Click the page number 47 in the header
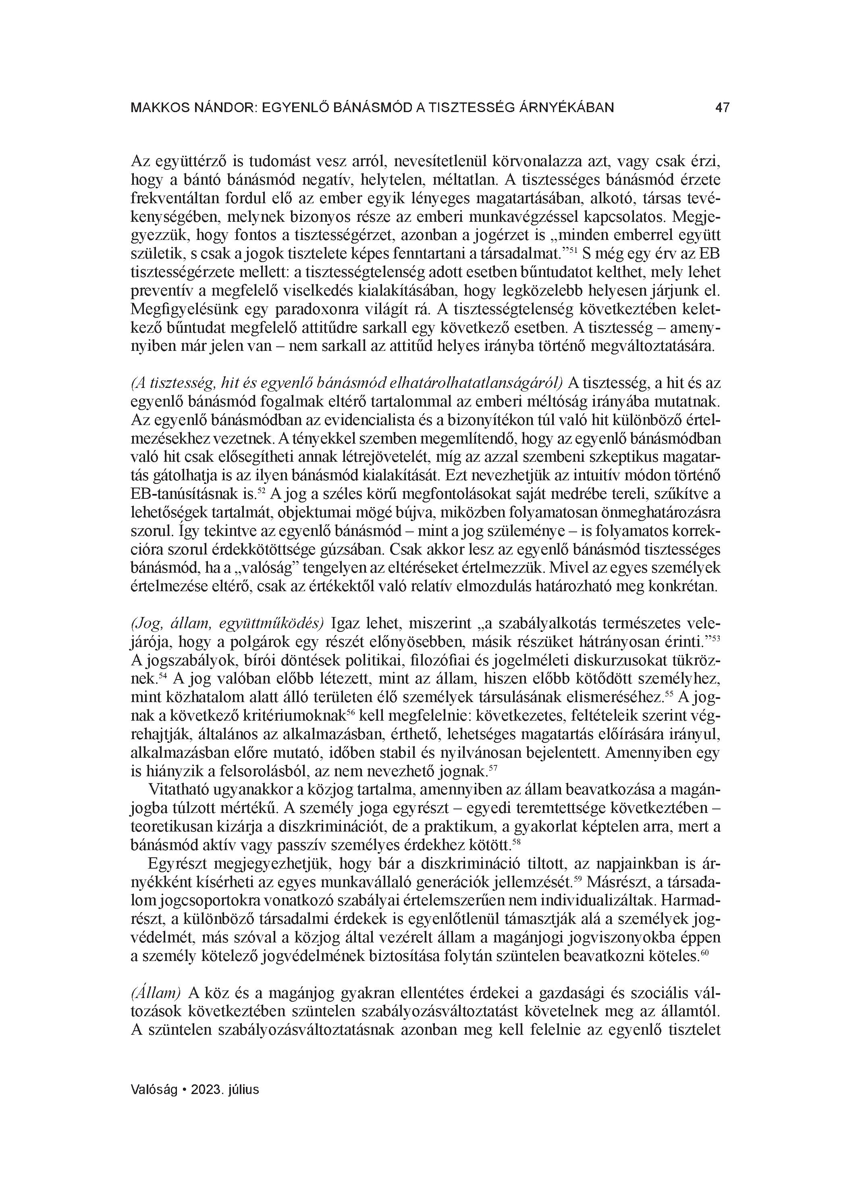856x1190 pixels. [722, 108]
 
